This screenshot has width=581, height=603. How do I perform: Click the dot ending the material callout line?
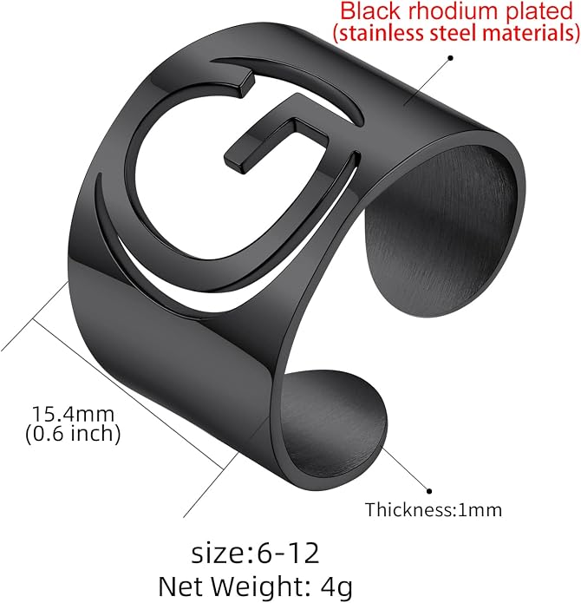point(451,58)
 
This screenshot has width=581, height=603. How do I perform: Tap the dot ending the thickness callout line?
point(429,491)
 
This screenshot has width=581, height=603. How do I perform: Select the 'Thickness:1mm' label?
point(434,510)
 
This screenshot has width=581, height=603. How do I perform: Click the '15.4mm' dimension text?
point(73,414)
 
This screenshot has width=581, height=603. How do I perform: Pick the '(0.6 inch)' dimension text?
point(73,434)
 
